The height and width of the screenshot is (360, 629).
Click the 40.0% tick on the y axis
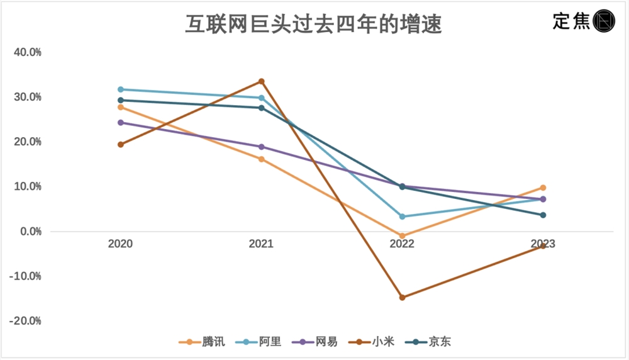click(28, 52)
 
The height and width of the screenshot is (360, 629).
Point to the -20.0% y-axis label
click(25, 321)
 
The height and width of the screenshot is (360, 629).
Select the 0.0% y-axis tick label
click(29, 232)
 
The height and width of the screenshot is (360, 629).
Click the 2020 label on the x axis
click(120, 244)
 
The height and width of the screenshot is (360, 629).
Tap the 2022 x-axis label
click(402, 244)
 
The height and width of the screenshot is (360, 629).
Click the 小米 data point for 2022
click(403, 297)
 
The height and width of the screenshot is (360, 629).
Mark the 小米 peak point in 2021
click(261, 81)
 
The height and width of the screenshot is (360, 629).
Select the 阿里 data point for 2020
click(120, 89)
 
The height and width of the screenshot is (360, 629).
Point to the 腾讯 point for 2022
click(403, 236)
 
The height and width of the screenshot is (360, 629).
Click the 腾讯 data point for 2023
click(543, 188)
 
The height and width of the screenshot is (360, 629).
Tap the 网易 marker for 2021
click(261, 147)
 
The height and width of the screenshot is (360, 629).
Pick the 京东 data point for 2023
click(543, 215)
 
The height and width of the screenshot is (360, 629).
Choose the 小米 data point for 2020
click(120, 145)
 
